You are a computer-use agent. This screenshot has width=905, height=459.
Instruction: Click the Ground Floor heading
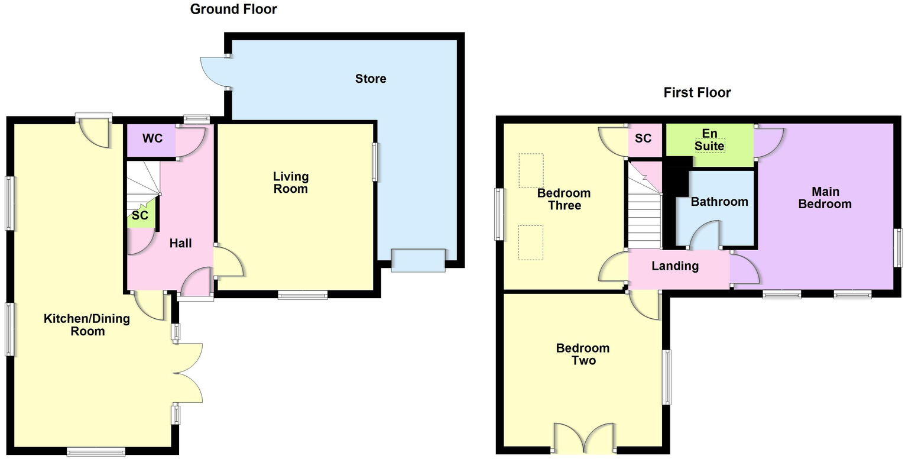233,9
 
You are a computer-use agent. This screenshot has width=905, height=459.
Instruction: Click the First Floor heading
697,93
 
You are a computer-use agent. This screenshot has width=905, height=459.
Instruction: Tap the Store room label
371,79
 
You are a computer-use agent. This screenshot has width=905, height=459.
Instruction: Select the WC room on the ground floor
152,140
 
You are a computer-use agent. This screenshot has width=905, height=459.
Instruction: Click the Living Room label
290,183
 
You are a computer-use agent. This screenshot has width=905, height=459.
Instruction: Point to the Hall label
180,243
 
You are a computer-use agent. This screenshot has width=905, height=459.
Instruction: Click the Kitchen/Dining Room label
87,325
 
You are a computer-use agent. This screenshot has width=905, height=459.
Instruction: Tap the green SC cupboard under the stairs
140,216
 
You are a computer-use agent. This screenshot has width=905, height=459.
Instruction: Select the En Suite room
709,139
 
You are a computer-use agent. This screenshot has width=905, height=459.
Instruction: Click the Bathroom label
719,202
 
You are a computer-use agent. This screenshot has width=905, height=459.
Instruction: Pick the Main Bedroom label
825,198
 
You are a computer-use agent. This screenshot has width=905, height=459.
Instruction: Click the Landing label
674,266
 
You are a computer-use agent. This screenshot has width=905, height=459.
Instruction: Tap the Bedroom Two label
582,354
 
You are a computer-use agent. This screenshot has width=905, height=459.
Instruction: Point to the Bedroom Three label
563,199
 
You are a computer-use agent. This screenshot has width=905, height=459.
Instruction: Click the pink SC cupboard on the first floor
643,138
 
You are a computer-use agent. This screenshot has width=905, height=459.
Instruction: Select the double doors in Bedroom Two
584,438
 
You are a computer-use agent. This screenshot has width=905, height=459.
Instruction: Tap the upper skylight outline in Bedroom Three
530,170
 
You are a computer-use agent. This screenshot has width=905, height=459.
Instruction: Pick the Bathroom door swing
706,235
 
